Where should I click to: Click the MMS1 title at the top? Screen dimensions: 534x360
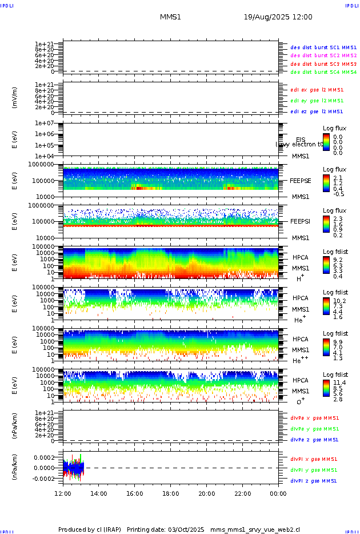170,17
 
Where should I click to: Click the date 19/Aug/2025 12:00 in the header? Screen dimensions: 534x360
278,17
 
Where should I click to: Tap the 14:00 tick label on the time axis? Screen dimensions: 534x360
99,493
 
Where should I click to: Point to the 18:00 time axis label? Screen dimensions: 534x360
171,493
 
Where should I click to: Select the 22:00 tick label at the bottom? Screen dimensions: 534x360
242,493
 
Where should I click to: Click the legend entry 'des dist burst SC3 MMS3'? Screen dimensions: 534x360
323,64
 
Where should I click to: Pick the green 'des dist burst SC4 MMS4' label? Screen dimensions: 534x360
323,73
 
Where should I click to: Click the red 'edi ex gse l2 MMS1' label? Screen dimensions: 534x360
317,90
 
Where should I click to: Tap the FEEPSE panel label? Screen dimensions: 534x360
300,180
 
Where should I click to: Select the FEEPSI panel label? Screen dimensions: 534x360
300,221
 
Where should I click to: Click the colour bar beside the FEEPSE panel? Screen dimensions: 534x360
326,183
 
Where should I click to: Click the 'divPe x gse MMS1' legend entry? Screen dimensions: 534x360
314,417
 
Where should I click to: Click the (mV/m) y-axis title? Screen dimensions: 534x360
15,98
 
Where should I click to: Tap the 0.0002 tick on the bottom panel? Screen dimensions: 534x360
43,457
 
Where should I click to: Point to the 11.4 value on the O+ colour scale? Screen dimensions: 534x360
338,382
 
